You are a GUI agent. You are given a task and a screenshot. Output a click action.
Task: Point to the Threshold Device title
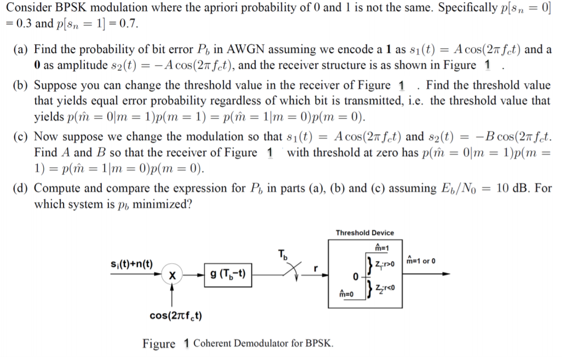tap(364, 233)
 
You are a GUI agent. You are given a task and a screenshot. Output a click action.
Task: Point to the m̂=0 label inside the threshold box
tap(347, 294)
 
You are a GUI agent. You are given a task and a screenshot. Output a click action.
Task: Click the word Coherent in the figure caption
tap(212, 344)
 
